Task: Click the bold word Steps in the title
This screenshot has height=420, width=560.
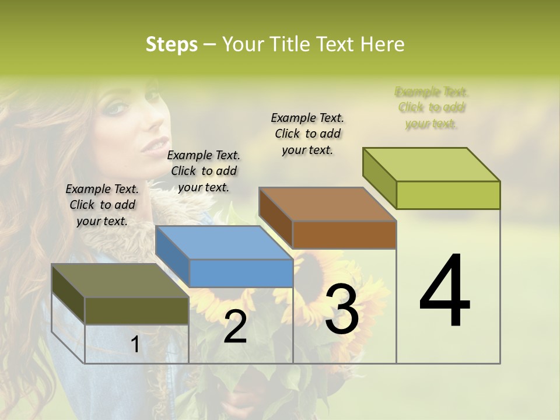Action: [171, 44]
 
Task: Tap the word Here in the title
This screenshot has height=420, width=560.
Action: [383, 44]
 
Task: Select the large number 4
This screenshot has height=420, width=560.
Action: [444, 292]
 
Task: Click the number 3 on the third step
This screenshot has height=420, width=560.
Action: [342, 309]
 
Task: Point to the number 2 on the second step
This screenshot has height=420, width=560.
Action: [235, 327]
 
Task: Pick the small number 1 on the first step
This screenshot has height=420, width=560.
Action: [135, 345]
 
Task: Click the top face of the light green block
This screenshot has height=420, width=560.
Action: [432, 164]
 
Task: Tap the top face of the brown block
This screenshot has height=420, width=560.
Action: [327, 204]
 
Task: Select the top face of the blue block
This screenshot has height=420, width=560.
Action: [224, 243]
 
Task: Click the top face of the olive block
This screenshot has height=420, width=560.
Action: [120, 281]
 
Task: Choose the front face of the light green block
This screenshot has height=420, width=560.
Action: [448, 195]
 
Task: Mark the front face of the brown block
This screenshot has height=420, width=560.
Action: [344, 235]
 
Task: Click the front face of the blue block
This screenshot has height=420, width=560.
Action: [241, 273]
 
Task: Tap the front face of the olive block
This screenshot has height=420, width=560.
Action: [136, 311]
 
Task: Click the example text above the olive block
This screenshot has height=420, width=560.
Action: [102, 205]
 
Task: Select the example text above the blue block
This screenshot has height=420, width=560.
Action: [204, 171]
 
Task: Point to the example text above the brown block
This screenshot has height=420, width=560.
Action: [307, 134]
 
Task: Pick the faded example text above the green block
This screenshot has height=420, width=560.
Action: [432, 107]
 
